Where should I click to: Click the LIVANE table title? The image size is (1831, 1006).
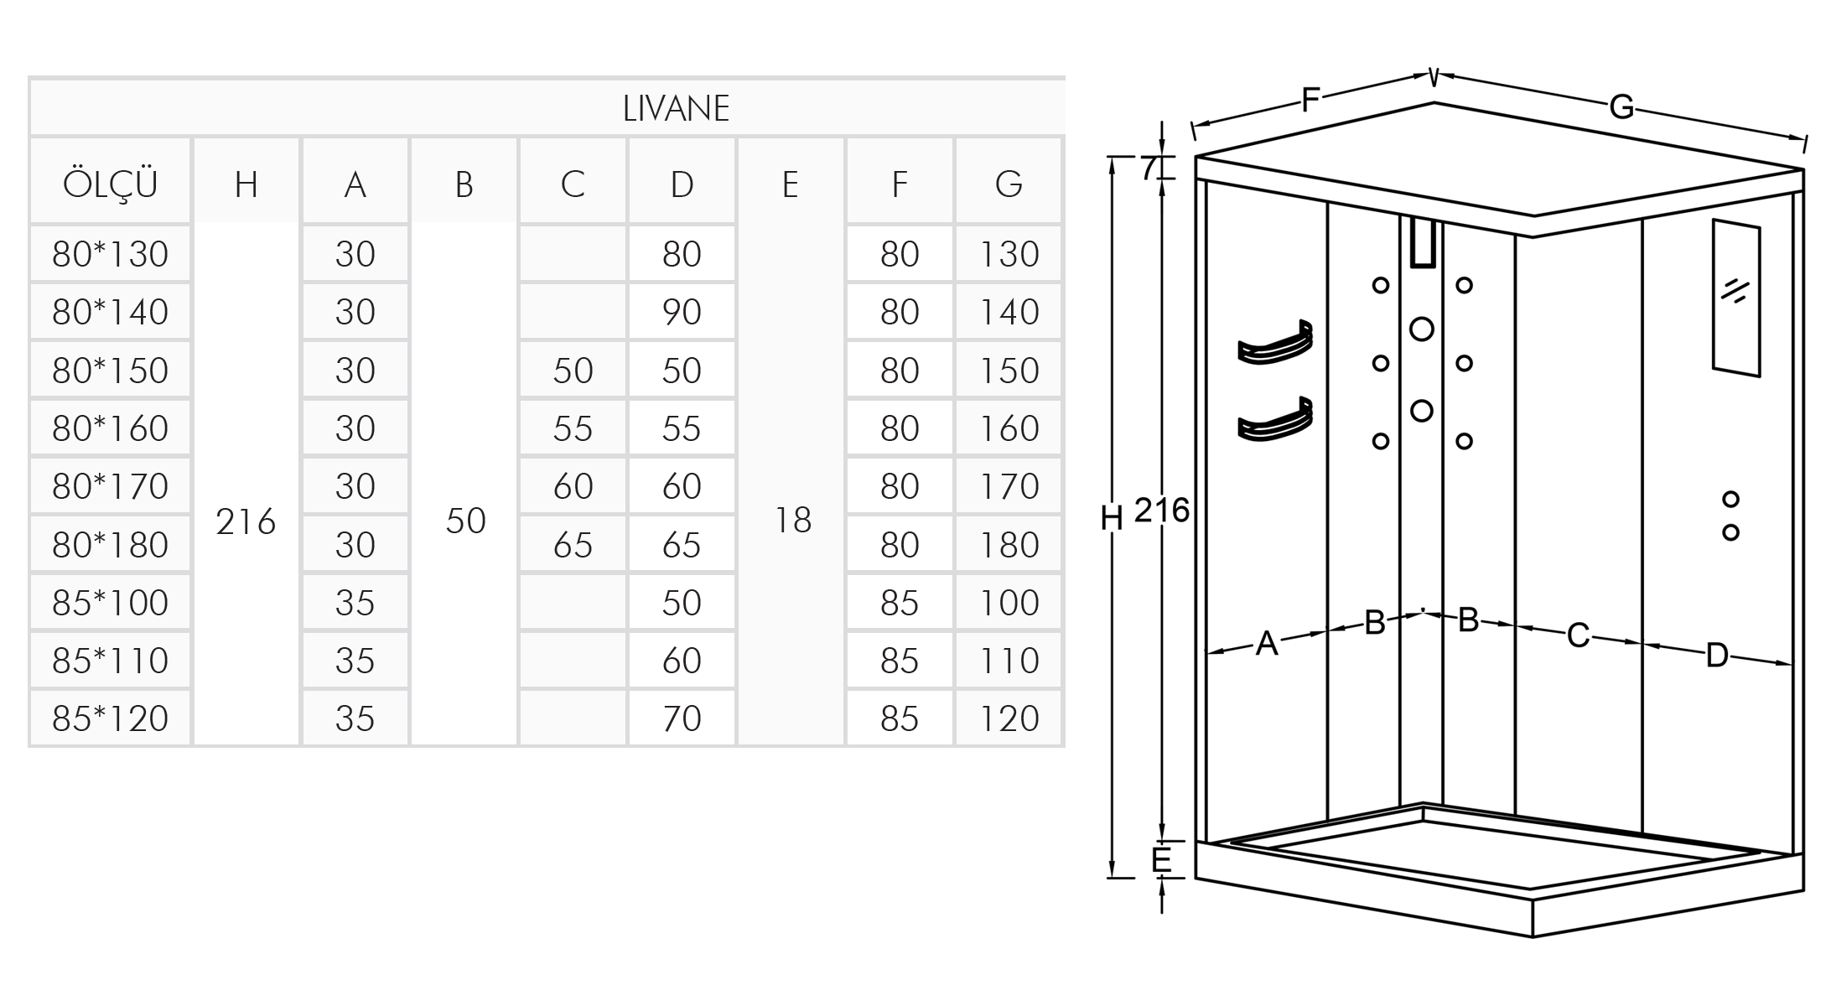(x=676, y=108)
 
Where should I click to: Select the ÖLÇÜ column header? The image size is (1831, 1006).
(x=110, y=183)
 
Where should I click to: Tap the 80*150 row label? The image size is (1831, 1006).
(x=110, y=371)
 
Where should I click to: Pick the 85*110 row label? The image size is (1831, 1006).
(x=110, y=661)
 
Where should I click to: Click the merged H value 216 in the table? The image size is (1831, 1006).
(x=246, y=521)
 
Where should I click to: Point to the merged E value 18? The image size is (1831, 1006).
(x=792, y=521)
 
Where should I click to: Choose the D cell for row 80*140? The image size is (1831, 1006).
(x=682, y=312)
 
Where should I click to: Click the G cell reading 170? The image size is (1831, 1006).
(x=1009, y=486)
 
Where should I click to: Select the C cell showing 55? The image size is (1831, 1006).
(x=573, y=428)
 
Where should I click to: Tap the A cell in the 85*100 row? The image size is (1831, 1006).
(x=355, y=603)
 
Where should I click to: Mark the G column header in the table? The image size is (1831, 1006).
(x=1009, y=184)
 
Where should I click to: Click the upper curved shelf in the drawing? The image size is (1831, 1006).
(x=1275, y=343)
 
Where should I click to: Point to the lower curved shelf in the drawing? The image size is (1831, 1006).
(x=1275, y=420)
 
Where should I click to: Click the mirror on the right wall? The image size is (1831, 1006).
(x=1736, y=298)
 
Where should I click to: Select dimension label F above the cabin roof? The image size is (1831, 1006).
(x=1310, y=100)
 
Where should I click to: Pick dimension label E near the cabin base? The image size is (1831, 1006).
(x=1161, y=860)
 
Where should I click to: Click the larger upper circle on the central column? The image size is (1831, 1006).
(x=1422, y=329)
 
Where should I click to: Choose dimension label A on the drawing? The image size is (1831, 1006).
(x=1267, y=644)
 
